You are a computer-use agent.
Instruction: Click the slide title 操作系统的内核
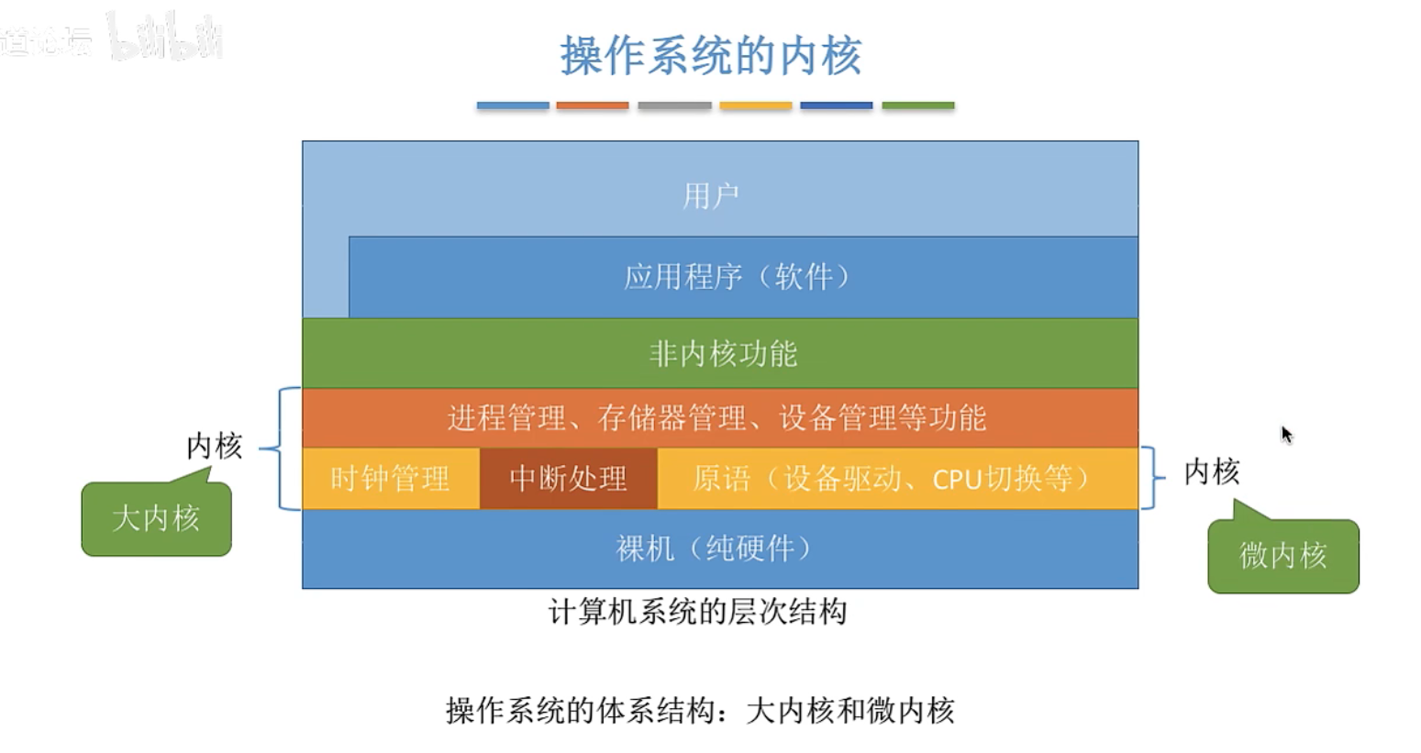[x=711, y=56]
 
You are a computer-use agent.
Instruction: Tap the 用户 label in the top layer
[x=711, y=195]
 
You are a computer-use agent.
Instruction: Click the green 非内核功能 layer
[x=722, y=353]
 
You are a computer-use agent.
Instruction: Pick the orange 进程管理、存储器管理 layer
[x=717, y=418]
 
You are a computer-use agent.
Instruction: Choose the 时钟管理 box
[x=390, y=478]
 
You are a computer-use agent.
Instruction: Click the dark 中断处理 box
[x=568, y=478]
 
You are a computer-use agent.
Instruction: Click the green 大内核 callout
[x=156, y=518]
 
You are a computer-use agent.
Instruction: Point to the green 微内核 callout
[x=1282, y=555]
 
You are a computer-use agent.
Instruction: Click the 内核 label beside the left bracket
[x=214, y=446]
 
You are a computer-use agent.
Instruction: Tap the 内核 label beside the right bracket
[x=1211, y=471]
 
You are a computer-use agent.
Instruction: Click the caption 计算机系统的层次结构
[x=697, y=612]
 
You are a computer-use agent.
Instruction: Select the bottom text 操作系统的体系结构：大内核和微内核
[x=700, y=710]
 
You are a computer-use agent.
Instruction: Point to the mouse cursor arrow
[x=1286, y=434]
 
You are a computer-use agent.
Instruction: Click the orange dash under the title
[x=593, y=105]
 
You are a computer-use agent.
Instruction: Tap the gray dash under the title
[x=674, y=105]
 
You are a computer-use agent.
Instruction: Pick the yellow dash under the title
[x=755, y=105]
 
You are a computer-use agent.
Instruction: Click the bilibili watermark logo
[x=165, y=39]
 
